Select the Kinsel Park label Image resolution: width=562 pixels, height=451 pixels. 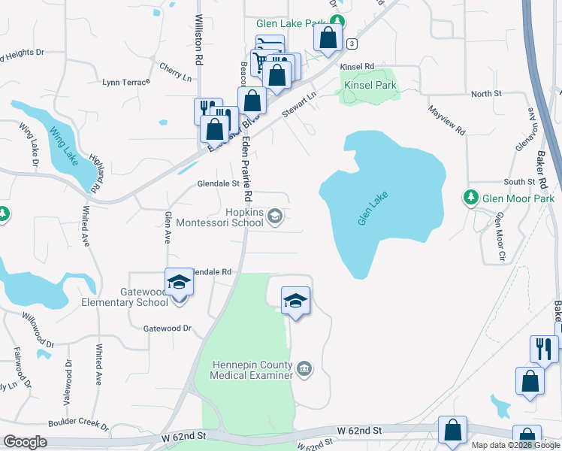tap(370, 86)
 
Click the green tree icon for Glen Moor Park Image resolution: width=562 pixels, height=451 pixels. tap(471, 198)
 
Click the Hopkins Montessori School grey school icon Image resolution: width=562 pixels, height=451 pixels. tap(275, 217)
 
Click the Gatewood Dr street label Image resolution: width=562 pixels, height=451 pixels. tap(168, 328)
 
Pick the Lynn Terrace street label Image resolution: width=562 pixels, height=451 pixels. tap(126, 82)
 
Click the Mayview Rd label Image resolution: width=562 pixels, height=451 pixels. tap(446, 120)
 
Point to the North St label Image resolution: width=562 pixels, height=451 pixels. tap(486, 93)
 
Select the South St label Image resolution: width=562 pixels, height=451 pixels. tap(519, 182)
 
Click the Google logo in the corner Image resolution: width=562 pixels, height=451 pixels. tap(25, 442)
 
